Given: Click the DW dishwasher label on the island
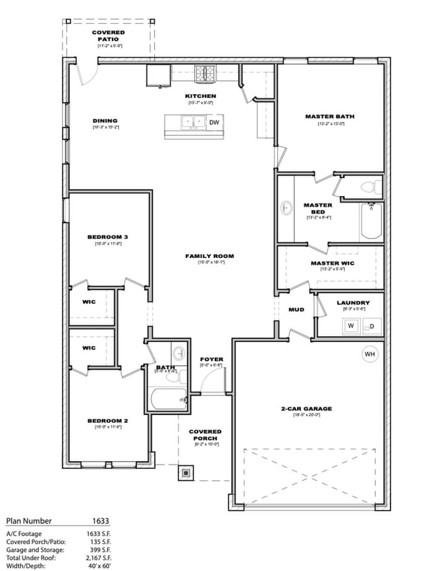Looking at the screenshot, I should pyautogui.click(x=214, y=122).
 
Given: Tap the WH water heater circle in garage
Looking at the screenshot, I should pyautogui.click(x=369, y=355).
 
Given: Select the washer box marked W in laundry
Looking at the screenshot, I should pyautogui.click(x=350, y=326).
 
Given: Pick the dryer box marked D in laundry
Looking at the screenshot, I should pyautogui.click(x=370, y=326).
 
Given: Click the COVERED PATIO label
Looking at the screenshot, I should pyautogui.click(x=108, y=36).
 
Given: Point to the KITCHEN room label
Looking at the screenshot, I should pyautogui.click(x=200, y=96).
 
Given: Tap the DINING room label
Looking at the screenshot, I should pyautogui.click(x=105, y=120).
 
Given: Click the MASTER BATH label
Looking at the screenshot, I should pyautogui.click(x=329, y=116).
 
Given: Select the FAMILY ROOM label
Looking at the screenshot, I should pyautogui.click(x=209, y=256).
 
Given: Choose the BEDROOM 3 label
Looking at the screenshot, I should pyautogui.click(x=108, y=237).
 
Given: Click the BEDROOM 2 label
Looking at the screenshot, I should pyautogui.click(x=108, y=420).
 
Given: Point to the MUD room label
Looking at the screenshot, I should pyautogui.click(x=296, y=309).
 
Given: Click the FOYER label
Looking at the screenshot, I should pyautogui.click(x=211, y=359).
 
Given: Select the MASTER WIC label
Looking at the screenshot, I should pyautogui.click(x=333, y=263).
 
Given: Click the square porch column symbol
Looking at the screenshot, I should pyautogui.click(x=186, y=472).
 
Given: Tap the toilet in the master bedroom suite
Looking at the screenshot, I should pyautogui.click(x=371, y=187).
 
